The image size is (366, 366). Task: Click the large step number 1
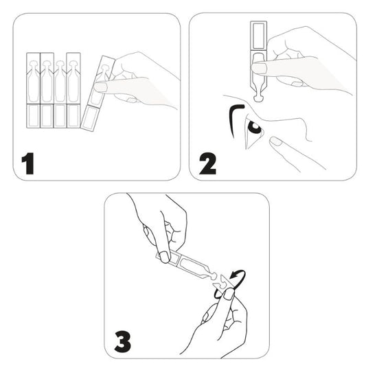point(28,163)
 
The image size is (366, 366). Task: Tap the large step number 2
point(207,163)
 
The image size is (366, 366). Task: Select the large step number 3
point(122,342)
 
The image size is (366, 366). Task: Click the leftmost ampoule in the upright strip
point(33,90)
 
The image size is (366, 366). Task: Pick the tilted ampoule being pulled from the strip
point(98,93)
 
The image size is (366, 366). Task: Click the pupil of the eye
point(255,128)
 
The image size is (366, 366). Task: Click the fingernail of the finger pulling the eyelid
point(275,141)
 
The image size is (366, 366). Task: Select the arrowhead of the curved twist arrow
point(233,276)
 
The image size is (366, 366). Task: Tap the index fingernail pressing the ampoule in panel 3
point(165,257)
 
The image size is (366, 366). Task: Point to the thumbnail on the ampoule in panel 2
point(258,68)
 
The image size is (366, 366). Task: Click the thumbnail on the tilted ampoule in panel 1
point(100,87)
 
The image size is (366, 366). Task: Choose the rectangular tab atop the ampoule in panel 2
point(258,35)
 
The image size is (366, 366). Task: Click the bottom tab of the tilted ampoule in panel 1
point(89,119)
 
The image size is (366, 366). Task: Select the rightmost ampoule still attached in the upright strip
point(73,90)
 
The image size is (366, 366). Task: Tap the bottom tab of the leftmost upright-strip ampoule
point(33,116)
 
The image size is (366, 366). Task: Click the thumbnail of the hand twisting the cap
point(228,294)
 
